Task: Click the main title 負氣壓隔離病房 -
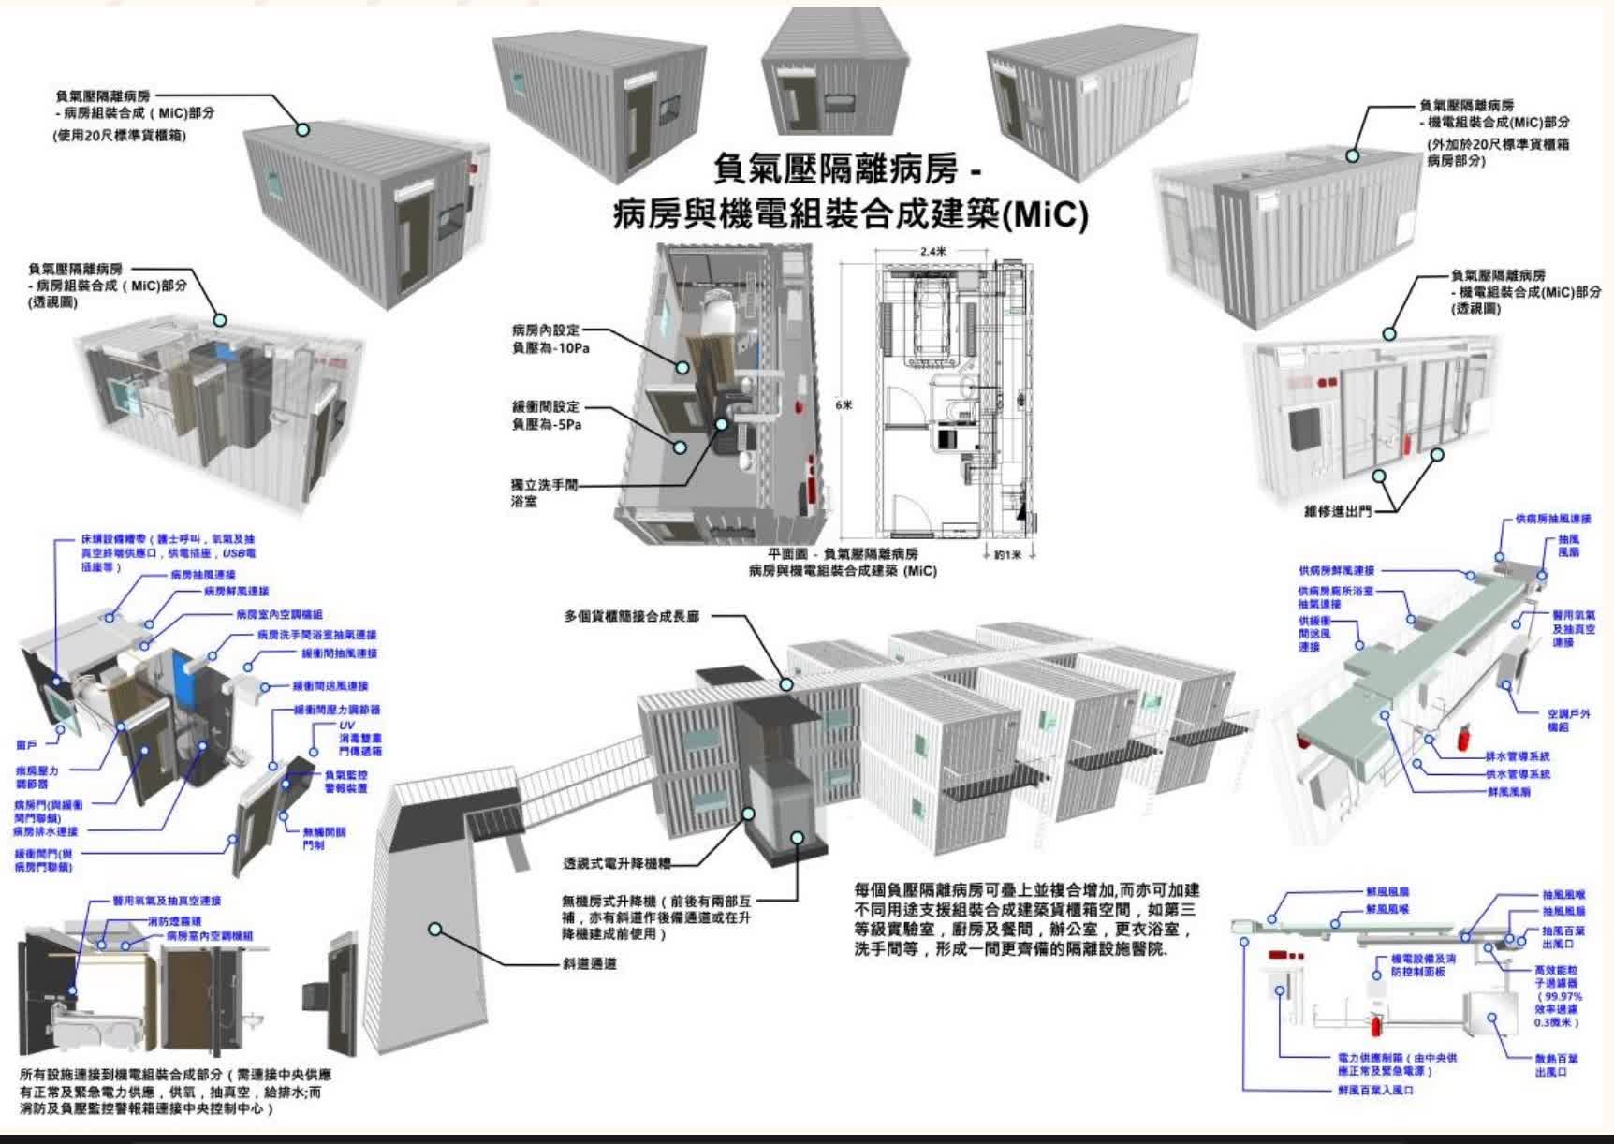pos(847,171)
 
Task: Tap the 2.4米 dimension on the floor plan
pos(932,251)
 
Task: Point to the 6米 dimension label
pos(844,405)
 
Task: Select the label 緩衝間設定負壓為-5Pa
pos(547,416)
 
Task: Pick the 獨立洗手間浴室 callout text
pos(545,493)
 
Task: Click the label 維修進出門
pos(1338,511)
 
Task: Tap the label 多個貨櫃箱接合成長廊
pos(631,617)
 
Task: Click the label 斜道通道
pos(590,963)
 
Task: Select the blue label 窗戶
pos(28,745)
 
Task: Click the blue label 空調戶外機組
pos(1569,720)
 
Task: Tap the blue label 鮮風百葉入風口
pos(1375,1091)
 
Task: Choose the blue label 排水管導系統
pos(1518,755)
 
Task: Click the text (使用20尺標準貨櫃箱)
pos(120,136)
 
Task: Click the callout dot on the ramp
pos(435,929)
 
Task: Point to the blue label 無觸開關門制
pos(324,838)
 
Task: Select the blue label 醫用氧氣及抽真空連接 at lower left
pos(167,901)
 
